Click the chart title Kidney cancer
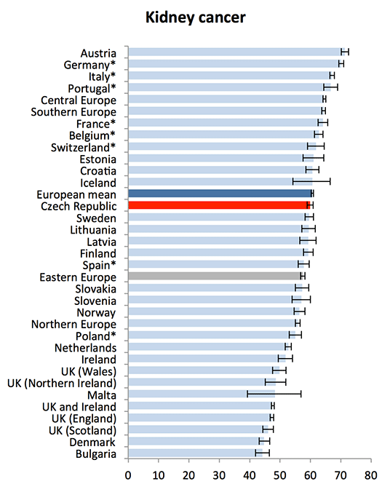(x=195, y=17)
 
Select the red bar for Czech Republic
(x=219, y=205)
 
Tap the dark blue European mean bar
(x=220, y=194)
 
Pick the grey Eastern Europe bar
(x=215, y=276)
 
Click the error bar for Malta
(x=274, y=394)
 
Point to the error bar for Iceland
(x=311, y=181)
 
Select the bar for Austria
(x=236, y=52)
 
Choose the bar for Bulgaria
(x=195, y=453)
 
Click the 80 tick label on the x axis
(x=371, y=475)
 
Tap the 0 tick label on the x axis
(x=128, y=475)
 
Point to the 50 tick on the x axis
(x=280, y=461)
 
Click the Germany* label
(x=89, y=65)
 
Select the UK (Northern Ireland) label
(x=62, y=383)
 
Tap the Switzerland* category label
(x=84, y=147)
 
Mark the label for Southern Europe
(x=73, y=111)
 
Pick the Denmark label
(x=92, y=442)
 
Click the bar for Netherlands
(x=208, y=346)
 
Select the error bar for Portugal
(x=331, y=87)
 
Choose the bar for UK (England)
(x=200, y=417)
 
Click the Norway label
(x=96, y=312)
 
